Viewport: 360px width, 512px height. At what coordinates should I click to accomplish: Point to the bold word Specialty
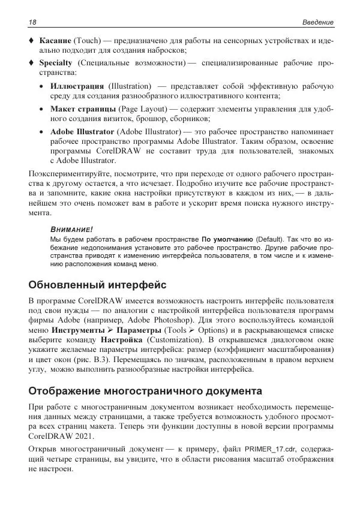click(x=56, y=62)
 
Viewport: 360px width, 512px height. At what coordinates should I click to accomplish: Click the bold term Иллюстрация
click(x=77, y=86)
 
